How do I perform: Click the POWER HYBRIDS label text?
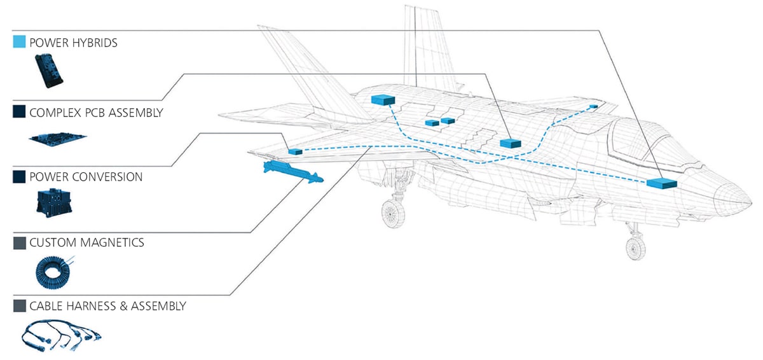tap(73, 43)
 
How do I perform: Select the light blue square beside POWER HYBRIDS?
tap(19, 43)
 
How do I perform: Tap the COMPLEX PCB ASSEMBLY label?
tap(96, 113)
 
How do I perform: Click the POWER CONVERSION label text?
tap(86, 177)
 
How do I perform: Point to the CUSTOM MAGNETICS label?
tap(86, 242)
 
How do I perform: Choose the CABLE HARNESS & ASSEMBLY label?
tap(107, 306)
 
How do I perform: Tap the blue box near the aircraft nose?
tap(662, 183)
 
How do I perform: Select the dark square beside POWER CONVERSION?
tap(19, 177)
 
